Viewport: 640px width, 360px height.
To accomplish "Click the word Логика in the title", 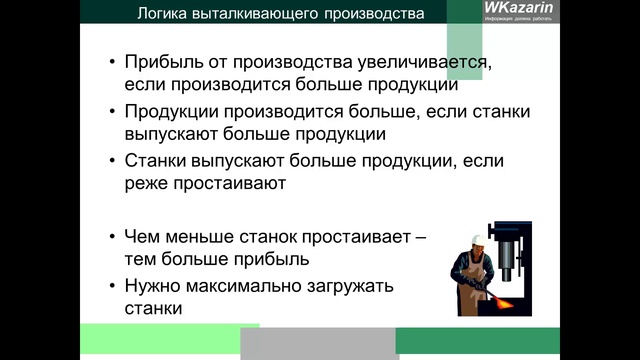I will pyautogui.click(x=163, y=13).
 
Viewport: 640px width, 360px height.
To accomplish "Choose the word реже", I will pyautogui.click(x=146, y=184).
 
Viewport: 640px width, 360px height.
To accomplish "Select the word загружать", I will pyautogui.click(x=355, y=286).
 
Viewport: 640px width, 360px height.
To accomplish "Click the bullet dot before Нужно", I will pyautogui.click(x=112, y=287).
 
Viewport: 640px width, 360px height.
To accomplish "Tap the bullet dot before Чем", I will pyautogui.click(x=112, y=237).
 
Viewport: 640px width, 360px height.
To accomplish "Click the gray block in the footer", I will pyautogui.click(x=318, y=343).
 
